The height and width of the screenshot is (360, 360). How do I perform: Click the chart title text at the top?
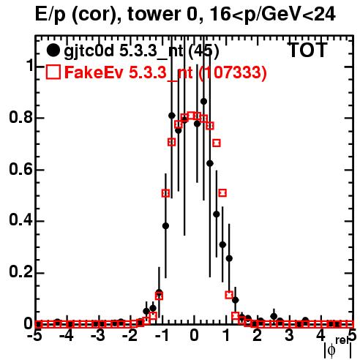pyautogui.click(x=185, y=14)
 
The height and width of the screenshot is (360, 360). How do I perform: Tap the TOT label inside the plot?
pyautogui.click(x=307, y=50)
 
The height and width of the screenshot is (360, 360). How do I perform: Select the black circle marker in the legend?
pyautogui.click(x=53, y=50)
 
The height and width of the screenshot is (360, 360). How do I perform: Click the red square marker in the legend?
pyautogui.click(x=53, y=72)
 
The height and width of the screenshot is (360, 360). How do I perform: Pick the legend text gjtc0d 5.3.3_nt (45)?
pyautogui.click(x=141, y=51)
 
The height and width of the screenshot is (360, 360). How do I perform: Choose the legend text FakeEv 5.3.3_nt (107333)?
pyautogui.click(x=165, y=72)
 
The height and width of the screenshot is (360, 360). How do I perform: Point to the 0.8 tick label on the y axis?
pyautogui.click(x=20, y=118)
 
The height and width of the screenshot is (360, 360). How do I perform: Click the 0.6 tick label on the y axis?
pyautogui.click(x=20, y=169)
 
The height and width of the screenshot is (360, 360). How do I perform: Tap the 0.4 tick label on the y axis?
pyautogui.click(x=20, y=221)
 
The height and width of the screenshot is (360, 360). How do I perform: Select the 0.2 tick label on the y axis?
pyautogui.click(x=20, y=272)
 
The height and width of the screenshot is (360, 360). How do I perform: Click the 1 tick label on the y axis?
pyautogui.click(x=29, y=66)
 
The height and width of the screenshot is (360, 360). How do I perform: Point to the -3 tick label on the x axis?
pyautogui.click(x=98, y=336)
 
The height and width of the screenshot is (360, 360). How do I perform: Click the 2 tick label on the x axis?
pyautogui.click(x=258, y=336)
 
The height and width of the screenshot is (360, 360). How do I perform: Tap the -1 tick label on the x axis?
pyautogui.click(x=161, y=336)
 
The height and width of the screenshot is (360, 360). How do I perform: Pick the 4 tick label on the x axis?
pyautogui.click(x=321, y=336)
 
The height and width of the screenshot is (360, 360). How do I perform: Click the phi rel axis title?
pyautogui.click(x=337, y=348)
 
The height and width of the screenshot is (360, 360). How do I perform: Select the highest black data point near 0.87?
pyautogui.click(x=203, y=102)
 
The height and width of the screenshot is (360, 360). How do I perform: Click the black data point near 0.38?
pyautogui.click(x=165, y=226)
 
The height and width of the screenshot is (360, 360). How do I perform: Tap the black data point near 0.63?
pyautogui.click(x=210, y=163)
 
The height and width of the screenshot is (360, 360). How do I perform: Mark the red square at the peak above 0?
pyautogui.click(x=191, y=116)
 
